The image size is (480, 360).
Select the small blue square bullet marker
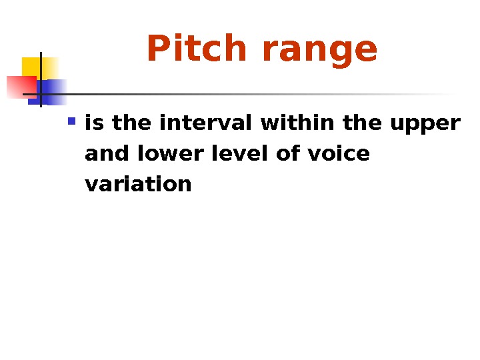click(x=72, y=122)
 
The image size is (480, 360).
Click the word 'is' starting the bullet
click(x=96, y=123)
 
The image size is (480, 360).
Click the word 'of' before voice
click(x=287, y=154)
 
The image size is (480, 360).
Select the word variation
click(x=139, y=184)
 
